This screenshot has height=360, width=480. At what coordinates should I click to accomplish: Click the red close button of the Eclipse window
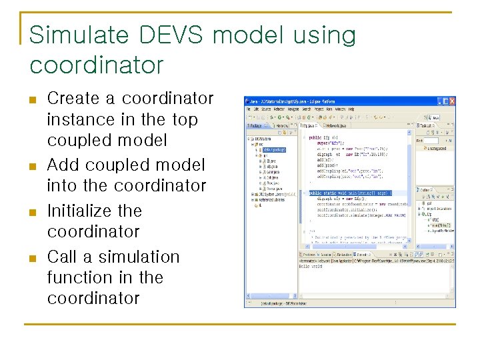452,101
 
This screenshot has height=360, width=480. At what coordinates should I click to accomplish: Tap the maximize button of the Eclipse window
446,101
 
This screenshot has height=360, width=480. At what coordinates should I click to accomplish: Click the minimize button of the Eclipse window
440,101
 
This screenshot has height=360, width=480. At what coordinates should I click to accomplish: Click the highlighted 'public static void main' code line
350,193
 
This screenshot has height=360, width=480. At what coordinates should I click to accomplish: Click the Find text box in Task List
432,141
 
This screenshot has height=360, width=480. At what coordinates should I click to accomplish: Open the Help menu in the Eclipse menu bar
351,109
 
